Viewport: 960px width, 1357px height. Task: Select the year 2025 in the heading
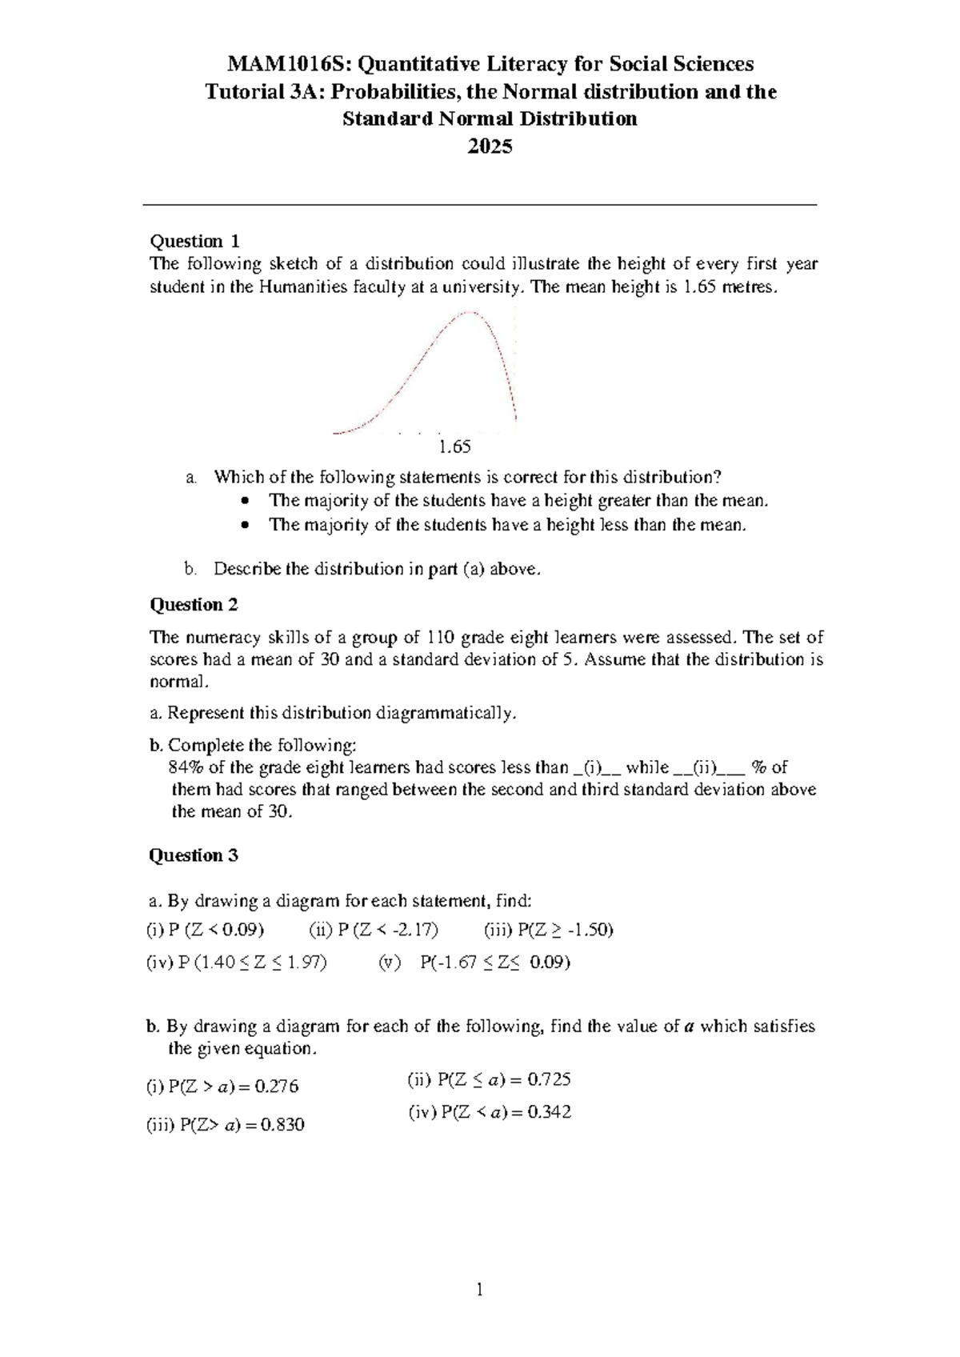[490, 147]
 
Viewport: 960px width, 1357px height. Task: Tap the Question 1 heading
[195, 241]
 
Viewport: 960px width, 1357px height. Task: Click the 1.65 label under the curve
[455, 446]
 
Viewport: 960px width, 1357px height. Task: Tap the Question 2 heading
[194, 605]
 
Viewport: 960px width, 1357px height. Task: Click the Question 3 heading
[194, 855]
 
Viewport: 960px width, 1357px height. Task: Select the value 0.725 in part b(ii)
[548, 1080]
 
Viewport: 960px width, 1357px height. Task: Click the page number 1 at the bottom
[480, 1290]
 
